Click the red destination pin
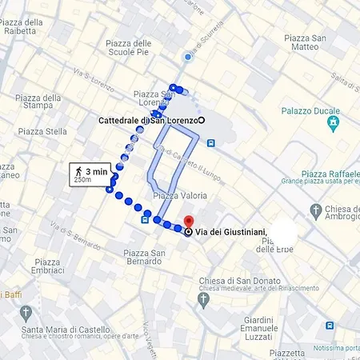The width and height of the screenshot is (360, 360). [x=189, y=221]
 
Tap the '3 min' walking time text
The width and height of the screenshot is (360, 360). [x=95, y=170]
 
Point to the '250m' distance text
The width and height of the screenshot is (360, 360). [x=82, y=181]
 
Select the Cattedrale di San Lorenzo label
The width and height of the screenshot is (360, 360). [x=147, y=120]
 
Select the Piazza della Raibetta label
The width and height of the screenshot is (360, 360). [x=22, y=26]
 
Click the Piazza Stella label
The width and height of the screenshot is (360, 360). [x=42, y=131]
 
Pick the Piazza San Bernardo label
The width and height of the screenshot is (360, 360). [x=144, y=258]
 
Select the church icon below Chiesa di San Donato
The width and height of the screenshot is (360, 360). [x=203, y=299]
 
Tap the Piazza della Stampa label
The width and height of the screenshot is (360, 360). [x=38, y=103]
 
